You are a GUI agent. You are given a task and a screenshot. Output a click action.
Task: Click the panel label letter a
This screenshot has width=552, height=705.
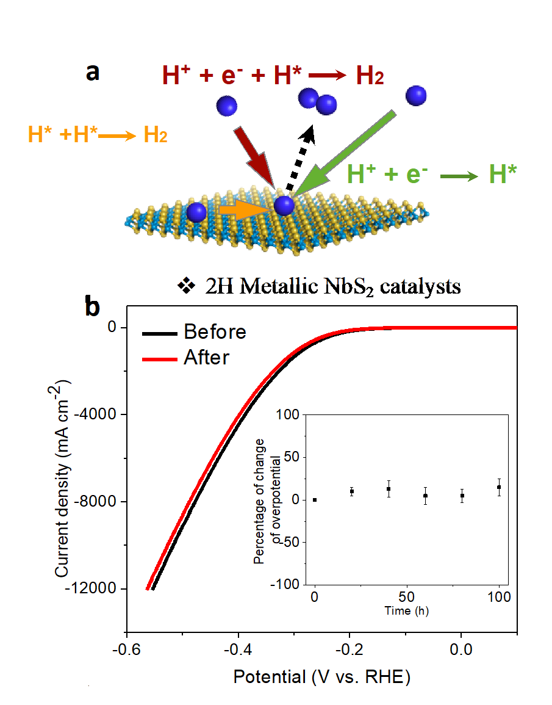tap(93, 72)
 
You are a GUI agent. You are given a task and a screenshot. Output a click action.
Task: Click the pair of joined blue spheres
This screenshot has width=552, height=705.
tap(318, 101)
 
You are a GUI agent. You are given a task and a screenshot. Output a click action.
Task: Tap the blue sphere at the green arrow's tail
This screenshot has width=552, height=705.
tap(416, 95)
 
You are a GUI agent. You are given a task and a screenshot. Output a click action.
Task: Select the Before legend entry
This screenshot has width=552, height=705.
tap(215, 332)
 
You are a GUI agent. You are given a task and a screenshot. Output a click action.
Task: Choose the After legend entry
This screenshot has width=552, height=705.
tap(206, 357)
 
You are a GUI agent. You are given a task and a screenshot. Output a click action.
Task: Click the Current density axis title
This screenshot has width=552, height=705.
tap(63, 478)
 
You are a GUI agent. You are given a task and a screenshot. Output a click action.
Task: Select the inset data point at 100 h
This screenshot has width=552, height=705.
tap(499, 487)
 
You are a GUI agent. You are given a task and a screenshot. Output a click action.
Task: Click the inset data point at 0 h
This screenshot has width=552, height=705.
tap(315, 500)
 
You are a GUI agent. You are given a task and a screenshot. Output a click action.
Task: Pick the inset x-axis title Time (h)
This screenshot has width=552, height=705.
tap(407, 610)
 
